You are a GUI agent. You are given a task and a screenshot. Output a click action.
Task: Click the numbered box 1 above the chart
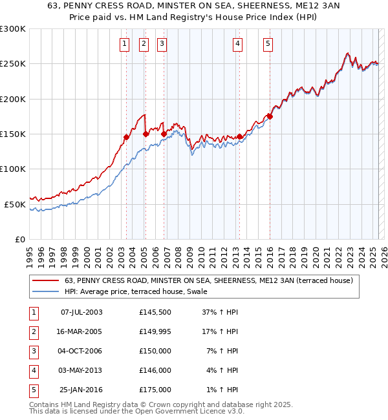[124, 44]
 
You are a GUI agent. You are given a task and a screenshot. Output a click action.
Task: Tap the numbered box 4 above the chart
[238, 44]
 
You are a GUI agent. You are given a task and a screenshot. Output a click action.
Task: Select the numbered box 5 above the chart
[268, 44]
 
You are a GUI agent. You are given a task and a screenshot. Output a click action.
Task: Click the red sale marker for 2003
[127, 137]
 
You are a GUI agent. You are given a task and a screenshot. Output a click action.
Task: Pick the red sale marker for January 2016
[270, 116]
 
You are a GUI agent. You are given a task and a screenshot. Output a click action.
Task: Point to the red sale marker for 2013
[239, 136]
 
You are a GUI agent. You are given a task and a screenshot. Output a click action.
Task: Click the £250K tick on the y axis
[13, 64]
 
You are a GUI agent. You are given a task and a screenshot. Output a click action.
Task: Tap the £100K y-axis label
[13, 169]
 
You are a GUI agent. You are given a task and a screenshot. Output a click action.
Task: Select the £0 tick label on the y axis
[19, 238]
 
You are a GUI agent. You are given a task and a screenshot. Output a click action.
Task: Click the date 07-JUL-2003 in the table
[81, 312]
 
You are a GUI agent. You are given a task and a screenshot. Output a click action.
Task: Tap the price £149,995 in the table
[155, 331]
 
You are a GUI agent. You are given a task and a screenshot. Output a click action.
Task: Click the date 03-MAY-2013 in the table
[81, 370]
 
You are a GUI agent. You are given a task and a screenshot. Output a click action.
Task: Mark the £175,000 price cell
[155, 390]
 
